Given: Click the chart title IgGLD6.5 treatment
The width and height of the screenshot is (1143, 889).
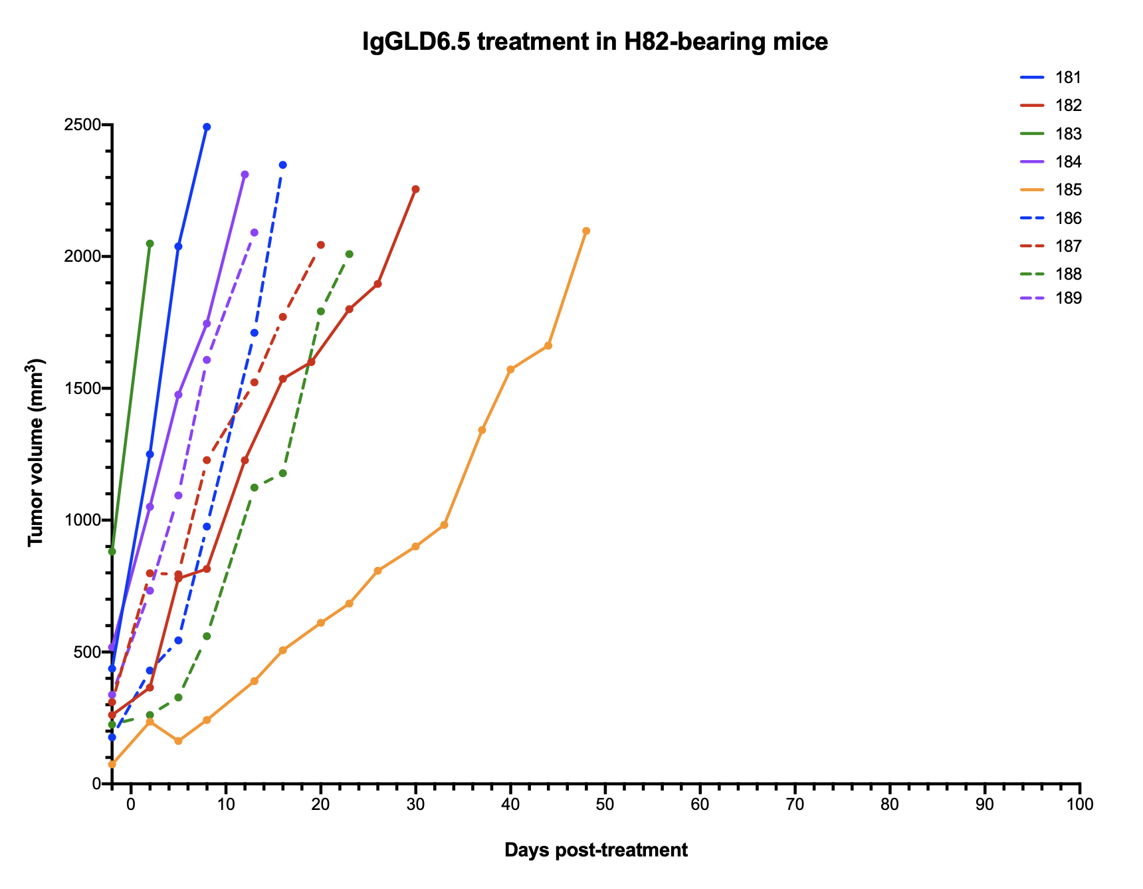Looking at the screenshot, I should coord(595,42).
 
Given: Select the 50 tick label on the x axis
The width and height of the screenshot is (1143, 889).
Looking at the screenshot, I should coord(605,805).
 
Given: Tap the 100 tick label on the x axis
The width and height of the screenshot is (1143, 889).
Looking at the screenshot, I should coord(1079,805).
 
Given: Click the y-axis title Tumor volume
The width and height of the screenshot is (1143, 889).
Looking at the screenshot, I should coord(37,453).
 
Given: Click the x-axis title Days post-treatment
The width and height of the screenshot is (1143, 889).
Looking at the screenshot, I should coord(595,850).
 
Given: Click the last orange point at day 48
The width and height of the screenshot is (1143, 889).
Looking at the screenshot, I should coord(586,231).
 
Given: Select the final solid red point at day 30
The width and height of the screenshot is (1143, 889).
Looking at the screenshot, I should coord(415,189).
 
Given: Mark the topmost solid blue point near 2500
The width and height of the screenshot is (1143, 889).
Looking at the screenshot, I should coord(207,127).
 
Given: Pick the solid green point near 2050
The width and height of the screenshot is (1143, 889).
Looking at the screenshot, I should coord(150,244).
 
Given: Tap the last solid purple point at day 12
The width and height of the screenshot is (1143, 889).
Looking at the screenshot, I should coord(245,175).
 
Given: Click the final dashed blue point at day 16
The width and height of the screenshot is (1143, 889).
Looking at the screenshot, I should coord(282,165).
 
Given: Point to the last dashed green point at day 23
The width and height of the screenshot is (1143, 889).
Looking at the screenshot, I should coord(349,254).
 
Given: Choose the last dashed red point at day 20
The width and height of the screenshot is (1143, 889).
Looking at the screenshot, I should coord(320,245).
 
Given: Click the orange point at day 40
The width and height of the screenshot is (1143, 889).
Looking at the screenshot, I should coord(510,369).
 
